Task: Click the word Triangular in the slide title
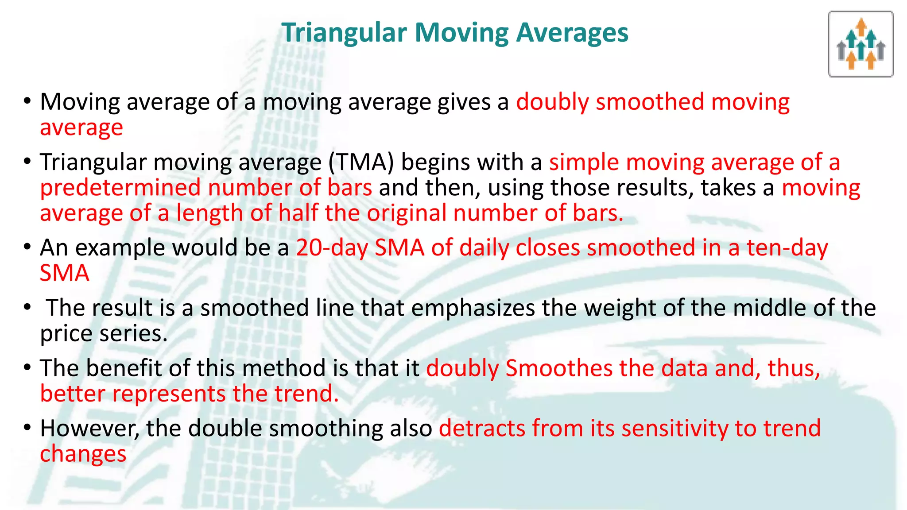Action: pyautogui.click(x=344, y=33)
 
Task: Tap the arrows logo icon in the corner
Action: pyautogui.click(x=860, y=44)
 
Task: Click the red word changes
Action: pyautogui.click(x=83, y=454)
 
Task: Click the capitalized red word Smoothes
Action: pyautogui.click(x=558, y=368)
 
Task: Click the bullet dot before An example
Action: pyautogui.click(x=27, y=247)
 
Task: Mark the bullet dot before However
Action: pyautogui.click(x=27, y=428)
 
